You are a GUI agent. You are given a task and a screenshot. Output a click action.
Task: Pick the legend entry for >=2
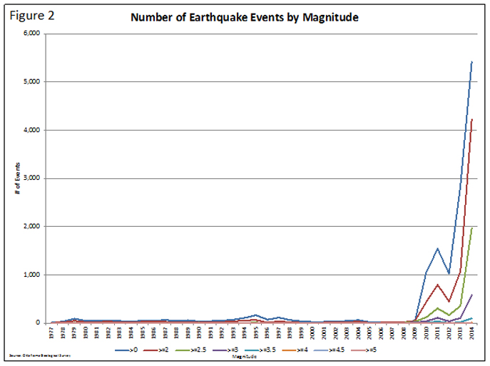click(175, 351)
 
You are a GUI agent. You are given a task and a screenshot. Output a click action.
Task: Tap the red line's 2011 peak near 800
click(437, 284)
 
